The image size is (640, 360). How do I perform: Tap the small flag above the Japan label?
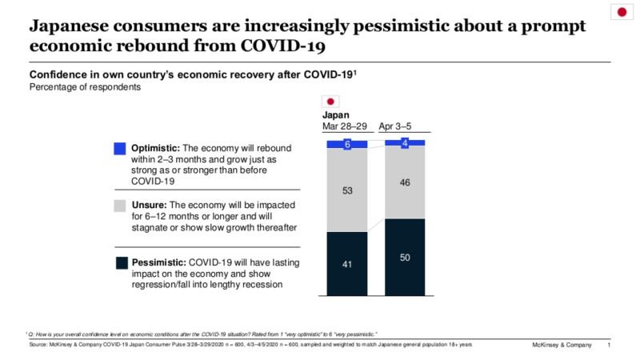click(330, 102)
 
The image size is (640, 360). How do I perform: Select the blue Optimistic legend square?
click(120, 148)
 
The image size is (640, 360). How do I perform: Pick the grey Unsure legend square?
click(120, 206)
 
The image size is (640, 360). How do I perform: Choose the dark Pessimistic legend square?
click(120, 262)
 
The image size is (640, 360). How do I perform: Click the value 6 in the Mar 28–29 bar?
click(348, 144)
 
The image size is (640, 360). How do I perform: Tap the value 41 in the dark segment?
click(348, 262)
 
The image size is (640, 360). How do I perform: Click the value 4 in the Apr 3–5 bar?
click(405, 143)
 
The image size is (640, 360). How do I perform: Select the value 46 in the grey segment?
click(405, 182)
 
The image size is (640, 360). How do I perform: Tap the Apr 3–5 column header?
click(405, 126)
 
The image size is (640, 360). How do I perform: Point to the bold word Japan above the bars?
click(336, 115)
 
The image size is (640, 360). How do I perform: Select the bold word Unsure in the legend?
click(151, 205)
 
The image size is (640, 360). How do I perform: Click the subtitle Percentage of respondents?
click(85, 87)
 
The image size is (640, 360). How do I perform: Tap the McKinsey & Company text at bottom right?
click(562, 345)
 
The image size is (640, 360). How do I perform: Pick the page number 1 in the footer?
click(610, 345)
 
